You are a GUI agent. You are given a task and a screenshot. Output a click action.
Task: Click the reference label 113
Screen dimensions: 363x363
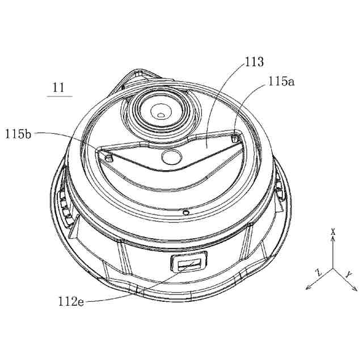pyautogui.click(x=254, y=62)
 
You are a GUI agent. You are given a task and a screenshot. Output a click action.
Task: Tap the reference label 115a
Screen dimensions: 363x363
pyautogui.click(x=281, y=81)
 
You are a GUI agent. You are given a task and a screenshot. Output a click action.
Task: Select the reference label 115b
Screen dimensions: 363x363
pyautogui.click(x=18, y=134)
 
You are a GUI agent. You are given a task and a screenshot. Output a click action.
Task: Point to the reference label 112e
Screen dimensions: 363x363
pyautogui.click(x=71, y=301)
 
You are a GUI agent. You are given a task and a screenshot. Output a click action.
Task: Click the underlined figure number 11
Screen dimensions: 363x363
pyautogui.click(x=58, y=87)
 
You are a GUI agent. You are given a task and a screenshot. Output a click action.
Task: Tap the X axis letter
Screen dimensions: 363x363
pyautogui.click(x=333, y=231)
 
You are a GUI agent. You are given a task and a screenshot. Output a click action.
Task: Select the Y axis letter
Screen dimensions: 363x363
pyautogui.click(x=348, y=275)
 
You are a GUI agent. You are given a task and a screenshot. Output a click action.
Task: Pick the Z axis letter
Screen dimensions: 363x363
pyautogui.click(x=319, y=272)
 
